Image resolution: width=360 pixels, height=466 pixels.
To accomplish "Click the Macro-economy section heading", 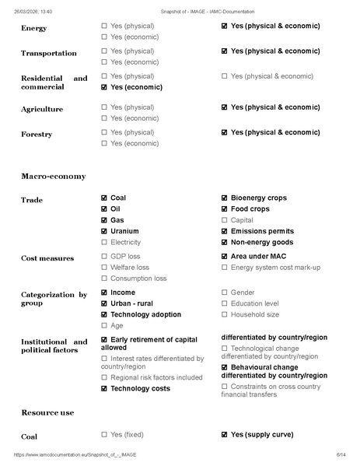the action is (x=53, y=176).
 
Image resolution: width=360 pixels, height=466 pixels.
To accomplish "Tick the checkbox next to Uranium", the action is (x=104, y=231).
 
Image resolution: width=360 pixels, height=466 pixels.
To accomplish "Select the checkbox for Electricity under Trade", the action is (x=104, y=242).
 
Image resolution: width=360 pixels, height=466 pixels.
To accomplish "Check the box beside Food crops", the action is (x=225, y=209).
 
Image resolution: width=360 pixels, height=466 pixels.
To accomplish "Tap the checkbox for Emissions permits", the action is (x=225, y=231).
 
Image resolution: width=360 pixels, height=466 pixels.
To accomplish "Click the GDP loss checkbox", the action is (x=104, y=257).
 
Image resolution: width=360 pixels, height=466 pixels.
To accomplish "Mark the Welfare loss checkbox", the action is (x=104, y=268).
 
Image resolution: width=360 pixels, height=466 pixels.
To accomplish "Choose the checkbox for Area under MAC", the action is (x=225, y=257).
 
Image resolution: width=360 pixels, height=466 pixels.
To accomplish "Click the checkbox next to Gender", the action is (x=225, y=293).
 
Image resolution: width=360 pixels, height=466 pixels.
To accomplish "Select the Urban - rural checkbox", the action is (x=104, y=304).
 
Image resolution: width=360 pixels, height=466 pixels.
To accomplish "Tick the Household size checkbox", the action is (x=225, y=315).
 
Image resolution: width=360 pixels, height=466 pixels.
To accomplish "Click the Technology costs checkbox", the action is (x=104, y=388).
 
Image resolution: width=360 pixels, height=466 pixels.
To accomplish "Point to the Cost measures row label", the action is (x=47, y=258).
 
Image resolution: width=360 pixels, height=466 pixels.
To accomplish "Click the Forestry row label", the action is (x=36, y=135).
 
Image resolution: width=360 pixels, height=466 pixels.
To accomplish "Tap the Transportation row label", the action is (x=48, y=54).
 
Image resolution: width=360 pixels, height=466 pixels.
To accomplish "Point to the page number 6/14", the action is (x=340, y=454).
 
